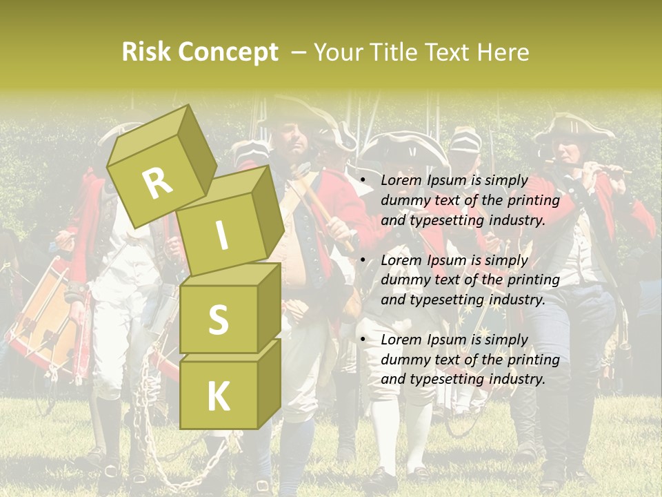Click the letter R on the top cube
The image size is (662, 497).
[x=158, y=184]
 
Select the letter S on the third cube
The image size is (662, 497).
[x=218, y=320]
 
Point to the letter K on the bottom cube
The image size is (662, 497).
[x=218, y=397]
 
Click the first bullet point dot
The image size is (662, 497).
[x=363, y=181]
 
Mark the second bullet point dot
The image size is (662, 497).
[x=363, y=260]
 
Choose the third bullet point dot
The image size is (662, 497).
[x=363, y=340]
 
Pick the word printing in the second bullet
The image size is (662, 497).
[x=533, y=280]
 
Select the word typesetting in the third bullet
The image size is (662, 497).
[x=441, y=379]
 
